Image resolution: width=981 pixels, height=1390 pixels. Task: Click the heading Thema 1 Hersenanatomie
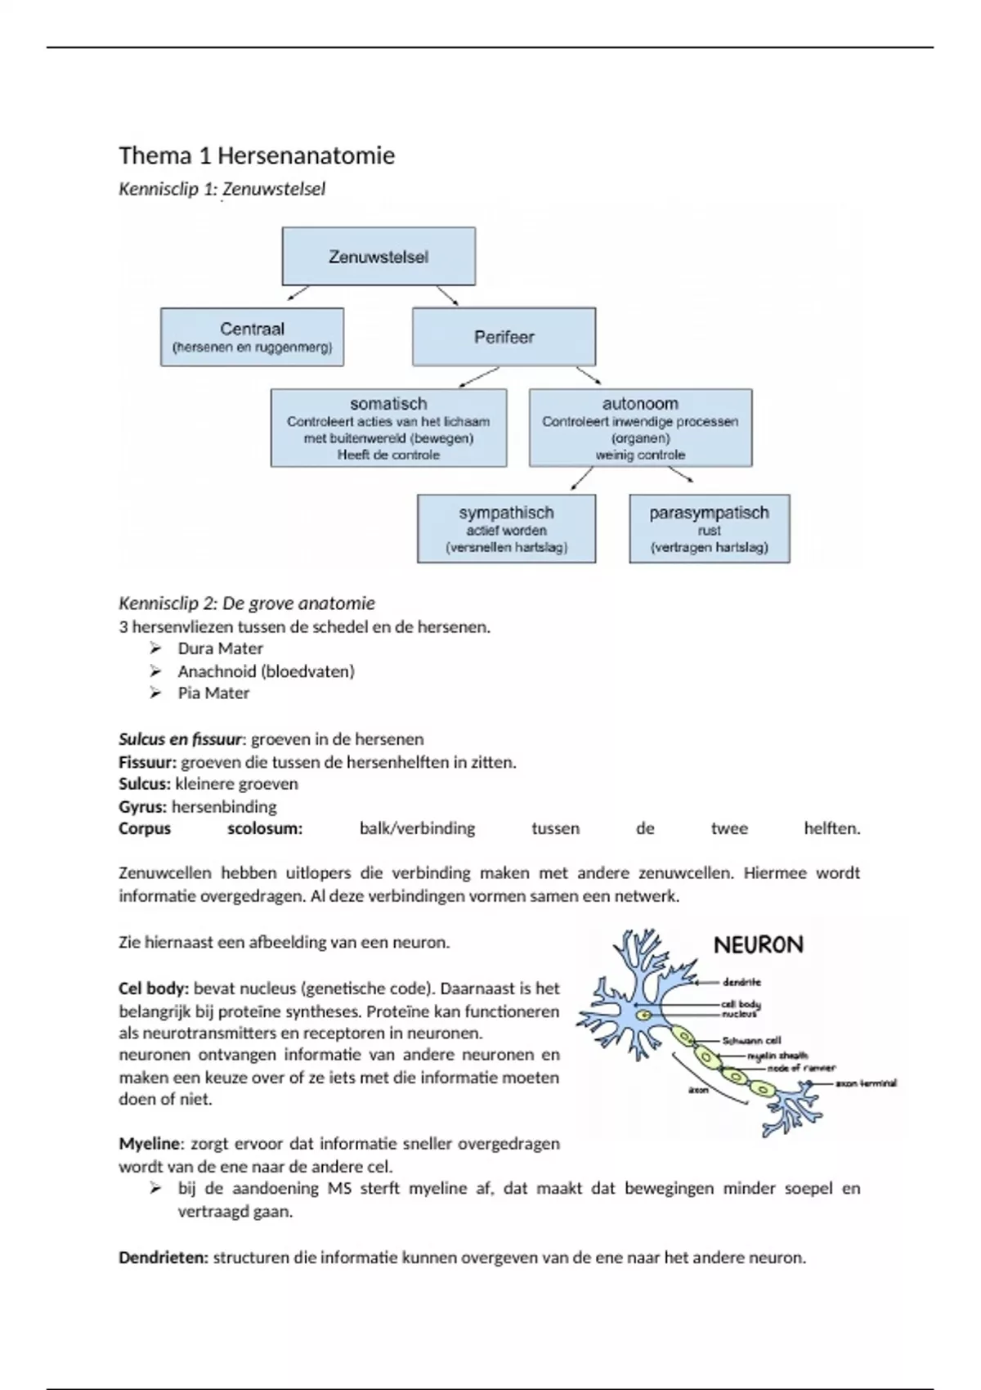coord(257,155)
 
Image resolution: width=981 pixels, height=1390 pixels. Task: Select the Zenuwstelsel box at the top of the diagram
coord(379,257)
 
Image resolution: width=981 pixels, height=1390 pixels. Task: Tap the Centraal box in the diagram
coord(252,337)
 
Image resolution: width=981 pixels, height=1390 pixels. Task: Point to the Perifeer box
coord(504,337)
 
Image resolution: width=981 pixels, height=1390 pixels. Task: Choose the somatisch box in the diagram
coord(388,428)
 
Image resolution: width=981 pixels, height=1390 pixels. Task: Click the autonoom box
coord(640,428)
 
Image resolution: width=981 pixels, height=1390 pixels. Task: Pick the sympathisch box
coord(506,528)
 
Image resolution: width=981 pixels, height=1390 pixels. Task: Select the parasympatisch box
coord(709,528)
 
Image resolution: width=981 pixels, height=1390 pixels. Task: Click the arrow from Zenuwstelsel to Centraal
coord(298,293)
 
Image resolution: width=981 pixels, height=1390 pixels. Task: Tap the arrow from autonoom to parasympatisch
coord(680,473)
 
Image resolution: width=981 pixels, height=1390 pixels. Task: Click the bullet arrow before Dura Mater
coord(156,648)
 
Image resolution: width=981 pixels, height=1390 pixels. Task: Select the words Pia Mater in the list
coord(213,693)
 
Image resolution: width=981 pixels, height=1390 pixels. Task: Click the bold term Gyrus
coord(142,806)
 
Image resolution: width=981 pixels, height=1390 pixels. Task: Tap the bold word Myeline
coord(149,1143)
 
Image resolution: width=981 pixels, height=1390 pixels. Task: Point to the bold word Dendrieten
coord(163,1258)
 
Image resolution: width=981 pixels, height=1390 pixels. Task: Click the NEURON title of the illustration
coord(759,945)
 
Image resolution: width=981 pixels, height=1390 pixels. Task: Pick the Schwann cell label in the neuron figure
coord(751,1041)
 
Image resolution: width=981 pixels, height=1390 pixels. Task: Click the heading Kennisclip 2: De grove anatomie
coord(247,603)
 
